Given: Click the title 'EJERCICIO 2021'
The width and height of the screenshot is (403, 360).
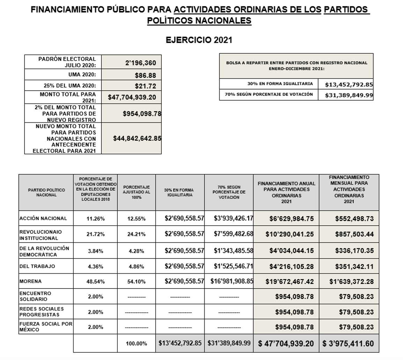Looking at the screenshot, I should pos(199,40).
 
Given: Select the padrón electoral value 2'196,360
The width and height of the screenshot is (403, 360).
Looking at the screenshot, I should pos(141,63).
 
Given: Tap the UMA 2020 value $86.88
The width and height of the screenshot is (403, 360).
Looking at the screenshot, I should pos(145,75).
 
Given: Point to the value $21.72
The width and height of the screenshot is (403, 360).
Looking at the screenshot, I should pos(145,86).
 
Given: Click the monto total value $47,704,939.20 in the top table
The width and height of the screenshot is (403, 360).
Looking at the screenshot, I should pos(132,97).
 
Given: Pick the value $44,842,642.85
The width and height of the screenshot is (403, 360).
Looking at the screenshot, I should pos(137,138).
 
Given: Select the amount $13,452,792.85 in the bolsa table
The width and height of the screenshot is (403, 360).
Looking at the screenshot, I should pos(349,84).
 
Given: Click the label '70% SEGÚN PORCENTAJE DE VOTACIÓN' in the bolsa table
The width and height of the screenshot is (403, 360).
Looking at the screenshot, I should pos(269,95).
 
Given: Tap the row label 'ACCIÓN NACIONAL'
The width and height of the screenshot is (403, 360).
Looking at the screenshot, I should pos(43,219).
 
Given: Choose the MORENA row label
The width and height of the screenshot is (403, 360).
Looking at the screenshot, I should pos(30,282).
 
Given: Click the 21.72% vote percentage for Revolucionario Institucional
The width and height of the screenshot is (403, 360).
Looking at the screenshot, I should pos(95,234).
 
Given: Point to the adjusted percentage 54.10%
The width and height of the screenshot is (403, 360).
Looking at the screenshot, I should pos(136,282).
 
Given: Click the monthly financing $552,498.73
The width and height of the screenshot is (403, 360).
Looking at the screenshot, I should pos(354,219).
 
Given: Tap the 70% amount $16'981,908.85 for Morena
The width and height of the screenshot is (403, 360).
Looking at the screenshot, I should pos(232,281).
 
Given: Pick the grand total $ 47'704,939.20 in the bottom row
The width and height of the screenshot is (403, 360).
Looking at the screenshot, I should pos(286,344).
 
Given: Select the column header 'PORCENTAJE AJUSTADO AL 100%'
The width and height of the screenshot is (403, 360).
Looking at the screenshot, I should pos(136,192).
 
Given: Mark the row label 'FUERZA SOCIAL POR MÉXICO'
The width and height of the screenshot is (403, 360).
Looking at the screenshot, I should pos(46,327).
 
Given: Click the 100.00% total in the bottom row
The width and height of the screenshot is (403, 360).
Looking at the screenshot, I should pos(136,344).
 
